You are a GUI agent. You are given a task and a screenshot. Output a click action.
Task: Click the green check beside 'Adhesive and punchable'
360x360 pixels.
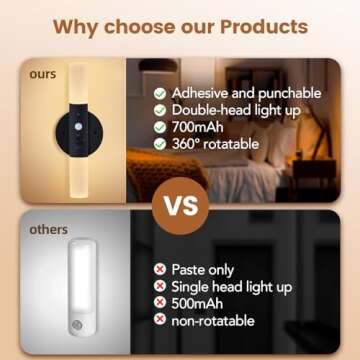(160, 92)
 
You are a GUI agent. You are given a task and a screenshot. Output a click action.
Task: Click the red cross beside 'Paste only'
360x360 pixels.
(160, 270)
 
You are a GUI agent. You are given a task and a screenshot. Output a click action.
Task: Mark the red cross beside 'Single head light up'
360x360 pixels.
(160, 287)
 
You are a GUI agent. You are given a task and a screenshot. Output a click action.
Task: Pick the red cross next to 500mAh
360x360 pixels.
(160, 304)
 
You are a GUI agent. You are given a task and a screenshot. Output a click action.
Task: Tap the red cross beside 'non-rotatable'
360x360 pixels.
(160, 321)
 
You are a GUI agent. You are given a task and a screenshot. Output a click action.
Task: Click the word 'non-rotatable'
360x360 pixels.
(213, 321)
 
